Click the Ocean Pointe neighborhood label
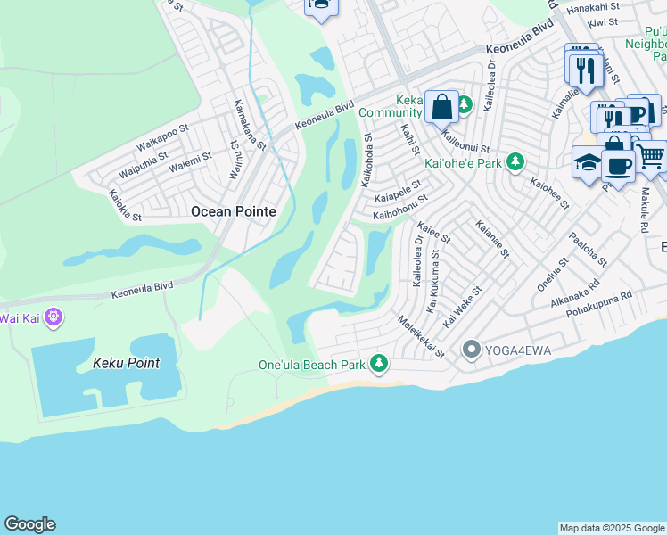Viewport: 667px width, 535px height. coord(233,211)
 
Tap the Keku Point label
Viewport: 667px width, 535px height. coord(127,363)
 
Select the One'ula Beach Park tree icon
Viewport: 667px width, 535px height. coord(379,363)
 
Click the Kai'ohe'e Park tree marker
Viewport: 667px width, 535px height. coord(515,162)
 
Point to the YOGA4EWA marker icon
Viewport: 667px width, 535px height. coord(472,350)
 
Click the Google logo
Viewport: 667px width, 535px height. coord(29,523)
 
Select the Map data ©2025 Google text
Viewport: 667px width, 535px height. coord(612,528)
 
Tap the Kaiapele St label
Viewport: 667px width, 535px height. coord(398,192)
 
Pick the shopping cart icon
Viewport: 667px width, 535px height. coord(651,156)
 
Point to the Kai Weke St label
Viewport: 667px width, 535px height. coord(463,306)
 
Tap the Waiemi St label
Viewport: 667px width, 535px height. coord(190,160)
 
